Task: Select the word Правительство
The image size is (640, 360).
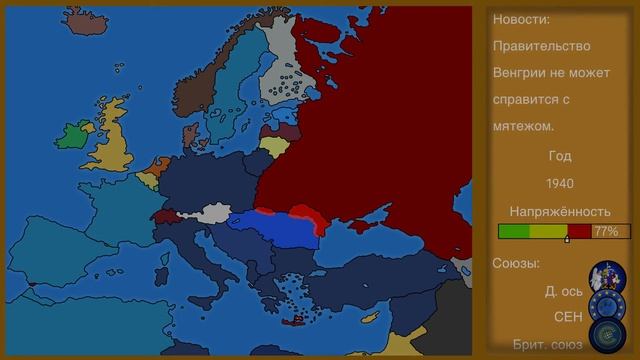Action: point(541,46)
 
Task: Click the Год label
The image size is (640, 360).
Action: point(560,156)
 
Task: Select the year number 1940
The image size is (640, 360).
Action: point(560,183)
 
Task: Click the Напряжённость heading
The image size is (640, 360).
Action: point(560,211)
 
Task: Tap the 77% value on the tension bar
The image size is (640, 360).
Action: point(606,231)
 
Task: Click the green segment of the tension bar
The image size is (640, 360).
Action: point(514,231)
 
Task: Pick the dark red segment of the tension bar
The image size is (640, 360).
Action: point(579,231)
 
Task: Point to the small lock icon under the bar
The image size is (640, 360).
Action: point(567,240)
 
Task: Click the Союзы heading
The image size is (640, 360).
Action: point(516,264)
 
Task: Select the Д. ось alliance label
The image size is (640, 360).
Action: point(564,291)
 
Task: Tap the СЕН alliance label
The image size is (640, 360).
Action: point(568,316)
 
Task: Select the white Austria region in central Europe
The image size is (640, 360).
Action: point(214,212)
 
